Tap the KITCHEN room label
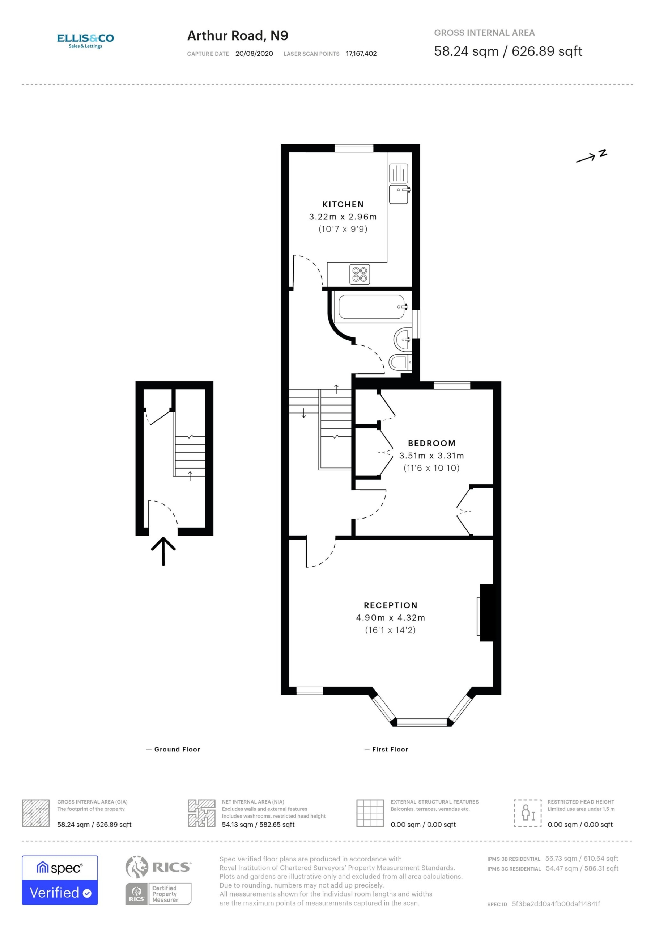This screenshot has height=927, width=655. point(343,205)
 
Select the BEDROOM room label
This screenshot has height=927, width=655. point(431,443)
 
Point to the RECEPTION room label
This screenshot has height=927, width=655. point(390,605)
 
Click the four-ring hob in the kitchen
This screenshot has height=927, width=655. point(360,274)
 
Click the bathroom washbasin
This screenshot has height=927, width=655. point(403,339)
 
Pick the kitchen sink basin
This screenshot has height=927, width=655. point(399,194)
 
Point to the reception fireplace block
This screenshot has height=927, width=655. point(486,613)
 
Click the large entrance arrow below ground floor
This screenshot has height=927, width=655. point(163,551)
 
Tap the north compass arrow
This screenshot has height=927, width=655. point(586,158)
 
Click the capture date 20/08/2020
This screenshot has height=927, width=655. point(254,54)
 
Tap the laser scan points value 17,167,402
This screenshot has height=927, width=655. point(361,54)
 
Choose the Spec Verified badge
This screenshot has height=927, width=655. point(60,880)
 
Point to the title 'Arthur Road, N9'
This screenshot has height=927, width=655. point(238,36)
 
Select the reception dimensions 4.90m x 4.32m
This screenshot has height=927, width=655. point(390,618)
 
